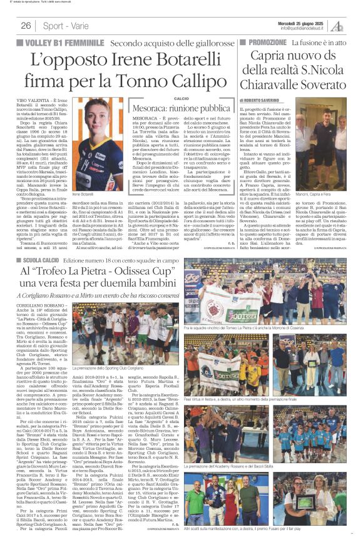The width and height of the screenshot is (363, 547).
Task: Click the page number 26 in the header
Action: tap(26, 26)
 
